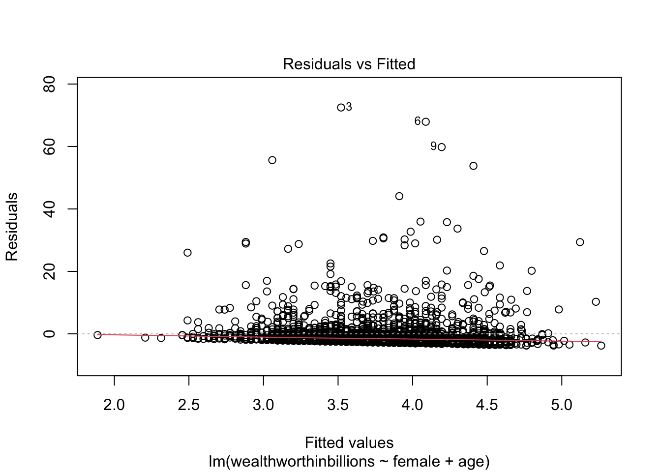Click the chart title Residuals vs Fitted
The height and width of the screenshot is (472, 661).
(x=349, y=64)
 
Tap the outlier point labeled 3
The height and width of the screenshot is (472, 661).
(x=341, y=107)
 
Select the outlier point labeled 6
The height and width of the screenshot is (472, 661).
(x=425, y=121)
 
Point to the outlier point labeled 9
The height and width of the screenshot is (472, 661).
(x=441, y=147)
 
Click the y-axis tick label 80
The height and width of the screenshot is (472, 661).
(x=50, y=84)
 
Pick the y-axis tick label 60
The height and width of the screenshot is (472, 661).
(x=50, y=147)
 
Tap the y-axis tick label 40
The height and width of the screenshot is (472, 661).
(x=50, y=209)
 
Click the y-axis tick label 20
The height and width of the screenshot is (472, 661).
(x=50, y=271)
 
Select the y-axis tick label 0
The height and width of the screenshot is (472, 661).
(x=50, y=334)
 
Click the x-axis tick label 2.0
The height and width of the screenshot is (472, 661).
(x=114, y=405)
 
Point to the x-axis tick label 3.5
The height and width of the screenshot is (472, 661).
(x=338, y=405)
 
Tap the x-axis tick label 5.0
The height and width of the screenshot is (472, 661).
(x=561, y=405)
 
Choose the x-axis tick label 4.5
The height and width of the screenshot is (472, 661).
(x=487, y=405)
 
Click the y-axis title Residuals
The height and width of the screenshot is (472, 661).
(x=12, y=227)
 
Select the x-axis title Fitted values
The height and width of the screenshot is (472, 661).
(x=349, y=443)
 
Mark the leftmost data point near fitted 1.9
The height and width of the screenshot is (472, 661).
(x=97, y=335)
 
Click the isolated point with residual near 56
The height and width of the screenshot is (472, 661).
(x=272, y=160)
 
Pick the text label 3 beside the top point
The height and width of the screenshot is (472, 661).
(x=349, y=107)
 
